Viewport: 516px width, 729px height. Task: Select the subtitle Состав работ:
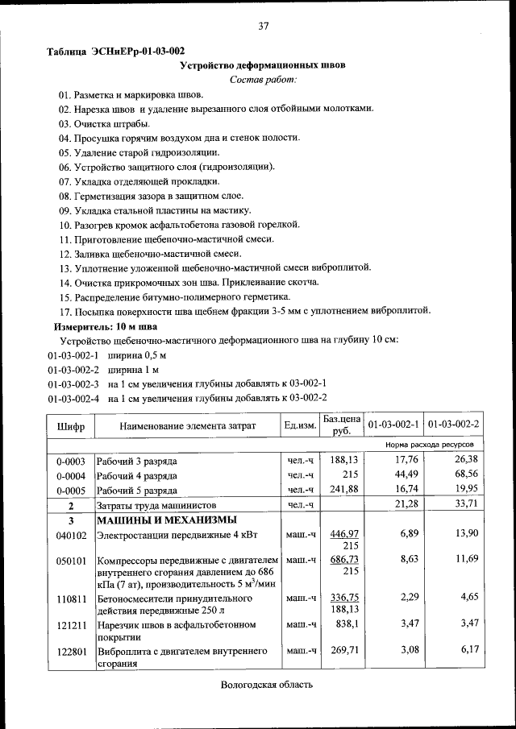[x=263, y=79]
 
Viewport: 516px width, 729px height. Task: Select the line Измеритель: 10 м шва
[x=105, y=326]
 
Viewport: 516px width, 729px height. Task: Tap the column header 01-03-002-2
[x=453, y=425]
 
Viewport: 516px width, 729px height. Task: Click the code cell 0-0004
[x=71, y=475]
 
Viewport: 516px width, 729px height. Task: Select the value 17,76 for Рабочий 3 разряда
[x=404, y=460]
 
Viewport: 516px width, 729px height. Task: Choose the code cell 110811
[x=71, y=600]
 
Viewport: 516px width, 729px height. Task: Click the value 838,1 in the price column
[x=346, y=624]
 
